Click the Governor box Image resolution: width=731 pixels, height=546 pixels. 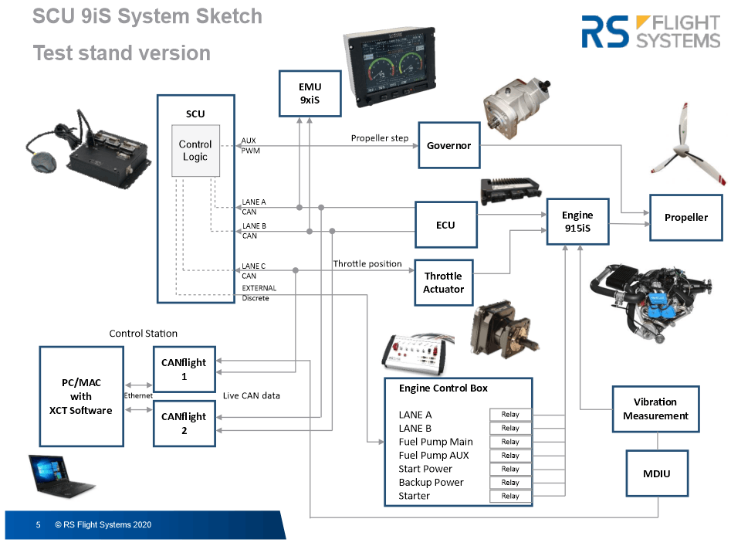448,145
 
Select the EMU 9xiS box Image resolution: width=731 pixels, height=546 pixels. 310,93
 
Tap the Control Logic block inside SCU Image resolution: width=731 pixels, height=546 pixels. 195,151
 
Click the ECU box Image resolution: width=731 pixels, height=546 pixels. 445,225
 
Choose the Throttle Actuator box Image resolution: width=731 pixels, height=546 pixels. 443,283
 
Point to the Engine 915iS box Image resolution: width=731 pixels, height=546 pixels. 577,222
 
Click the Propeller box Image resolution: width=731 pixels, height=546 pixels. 685,218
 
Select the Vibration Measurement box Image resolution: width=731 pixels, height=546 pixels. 655,409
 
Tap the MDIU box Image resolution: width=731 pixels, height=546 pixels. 655,473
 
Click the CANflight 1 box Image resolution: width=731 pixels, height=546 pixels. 184,369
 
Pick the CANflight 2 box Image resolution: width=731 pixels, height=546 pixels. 184,423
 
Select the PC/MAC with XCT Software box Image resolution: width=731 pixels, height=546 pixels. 81,396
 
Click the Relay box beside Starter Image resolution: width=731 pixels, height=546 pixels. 510,496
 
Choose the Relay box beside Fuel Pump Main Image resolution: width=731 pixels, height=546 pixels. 510,442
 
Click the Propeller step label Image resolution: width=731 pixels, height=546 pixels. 380,138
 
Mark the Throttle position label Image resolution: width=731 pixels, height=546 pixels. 367,264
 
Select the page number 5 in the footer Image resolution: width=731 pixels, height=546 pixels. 38,525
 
